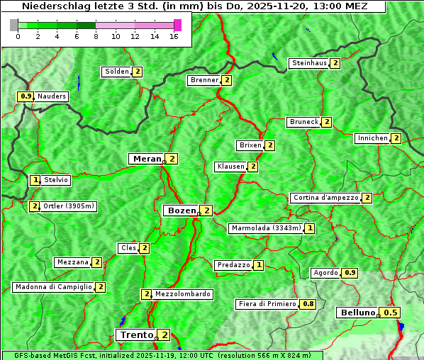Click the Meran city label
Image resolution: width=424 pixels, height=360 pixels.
click(x=146, y=159)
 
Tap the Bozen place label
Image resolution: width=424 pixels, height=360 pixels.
click(x=180, y=210)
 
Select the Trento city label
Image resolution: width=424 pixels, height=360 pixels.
click(x=136, y=334)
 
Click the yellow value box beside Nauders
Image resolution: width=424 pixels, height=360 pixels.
click(x=26, y=96)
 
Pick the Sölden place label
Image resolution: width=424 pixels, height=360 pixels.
click(x=117, y=72)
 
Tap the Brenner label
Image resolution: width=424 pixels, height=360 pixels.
click(x=204, y=80)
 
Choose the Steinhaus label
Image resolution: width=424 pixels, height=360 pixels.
click(x=309, y=63)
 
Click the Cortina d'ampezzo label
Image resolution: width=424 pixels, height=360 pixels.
click(x=325, y=198)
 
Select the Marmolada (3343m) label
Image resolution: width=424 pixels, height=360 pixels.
click(x=266, y=228)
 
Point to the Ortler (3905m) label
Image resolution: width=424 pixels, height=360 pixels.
click(x=68, y=206)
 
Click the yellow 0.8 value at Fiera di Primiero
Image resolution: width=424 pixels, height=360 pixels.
click(x=308, y=304)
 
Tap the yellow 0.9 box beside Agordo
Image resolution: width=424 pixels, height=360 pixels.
click(x=350, y=273)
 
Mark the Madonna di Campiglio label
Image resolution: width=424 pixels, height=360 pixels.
click(x=53, y=287)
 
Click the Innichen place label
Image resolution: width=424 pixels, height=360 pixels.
click(x=372, y=138)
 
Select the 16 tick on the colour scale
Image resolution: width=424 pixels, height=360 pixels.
click(x=174, y=36)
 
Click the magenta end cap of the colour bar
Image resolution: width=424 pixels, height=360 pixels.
click(x=177, y=25)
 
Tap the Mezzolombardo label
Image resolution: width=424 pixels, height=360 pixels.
click(x=182, y=294)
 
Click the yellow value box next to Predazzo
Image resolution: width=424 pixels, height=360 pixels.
click(x=259, y=265)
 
